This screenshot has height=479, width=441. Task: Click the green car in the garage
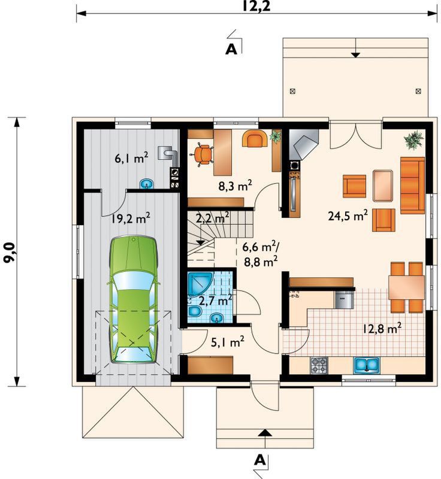tap(134, 299)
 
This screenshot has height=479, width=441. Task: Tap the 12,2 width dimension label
tap(256, 5)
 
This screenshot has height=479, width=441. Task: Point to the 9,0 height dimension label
tap(9, 251)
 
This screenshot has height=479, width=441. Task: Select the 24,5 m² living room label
tap(348, 216)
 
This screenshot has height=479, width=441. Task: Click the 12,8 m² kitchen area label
tap(382, 329)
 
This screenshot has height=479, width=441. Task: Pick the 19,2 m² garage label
tap(131, 219)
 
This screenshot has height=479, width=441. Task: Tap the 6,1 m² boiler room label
tap(132, 159)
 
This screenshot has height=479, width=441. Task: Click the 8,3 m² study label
tap(235, 186)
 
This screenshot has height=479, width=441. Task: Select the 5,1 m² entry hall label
tap(228, 342)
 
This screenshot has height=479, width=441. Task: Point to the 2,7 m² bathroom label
tap(215, 301)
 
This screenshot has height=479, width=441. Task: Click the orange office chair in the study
tap(203, 154)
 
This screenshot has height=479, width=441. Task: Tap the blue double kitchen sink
tap(367, 366)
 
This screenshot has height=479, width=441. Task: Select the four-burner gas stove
tap(319, 366)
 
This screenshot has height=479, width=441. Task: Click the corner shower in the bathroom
tap(198, 284)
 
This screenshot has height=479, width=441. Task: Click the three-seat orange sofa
tap(412, 186)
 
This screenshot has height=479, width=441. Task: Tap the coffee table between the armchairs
tap(383, 186)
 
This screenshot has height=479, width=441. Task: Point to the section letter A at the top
tap(231, 50)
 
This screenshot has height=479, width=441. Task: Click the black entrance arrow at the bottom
tap(265, 432)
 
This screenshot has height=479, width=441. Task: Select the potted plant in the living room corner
tap(414, 140)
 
